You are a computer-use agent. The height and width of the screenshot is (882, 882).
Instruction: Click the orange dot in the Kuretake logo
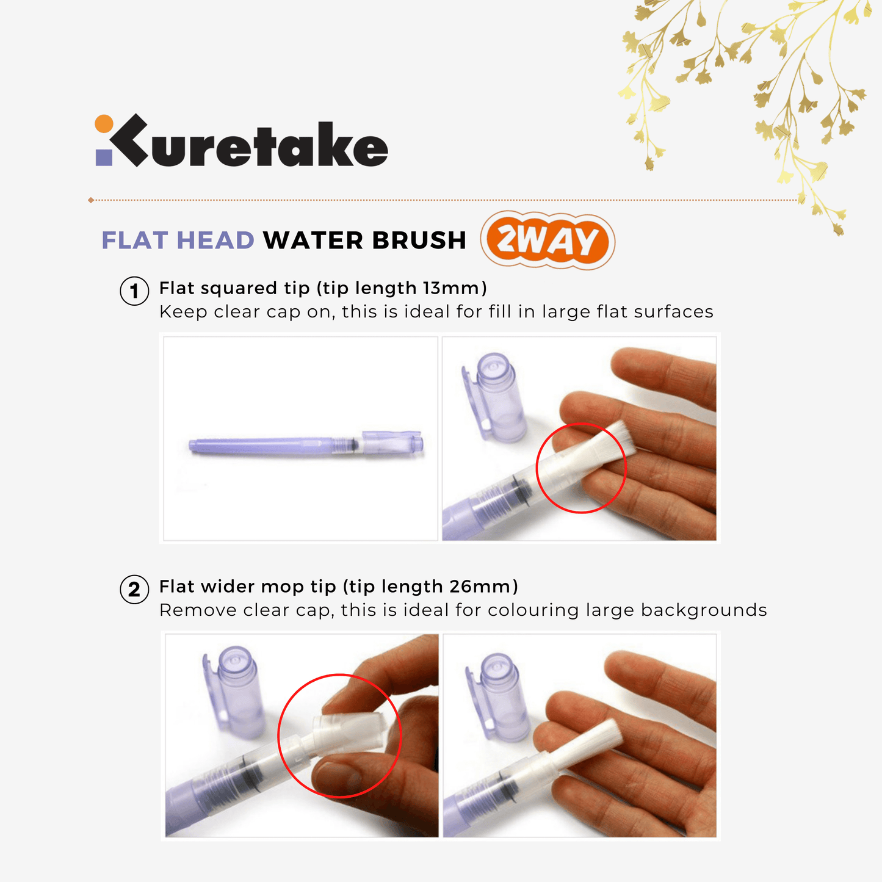point(104,123)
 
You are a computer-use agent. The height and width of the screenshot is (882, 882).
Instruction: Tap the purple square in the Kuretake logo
point(104,157)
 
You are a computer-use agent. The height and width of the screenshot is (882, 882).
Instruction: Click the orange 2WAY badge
point(548,240)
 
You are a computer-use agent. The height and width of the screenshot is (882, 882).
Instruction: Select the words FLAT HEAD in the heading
point(178,240)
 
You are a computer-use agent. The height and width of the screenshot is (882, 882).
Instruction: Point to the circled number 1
point(134,291)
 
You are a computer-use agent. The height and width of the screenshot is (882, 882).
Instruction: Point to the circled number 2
point(134,589)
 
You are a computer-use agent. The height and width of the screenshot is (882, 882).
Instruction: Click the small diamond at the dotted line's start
point(91,200)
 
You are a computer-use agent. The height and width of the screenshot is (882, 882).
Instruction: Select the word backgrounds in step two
point(704,610)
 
